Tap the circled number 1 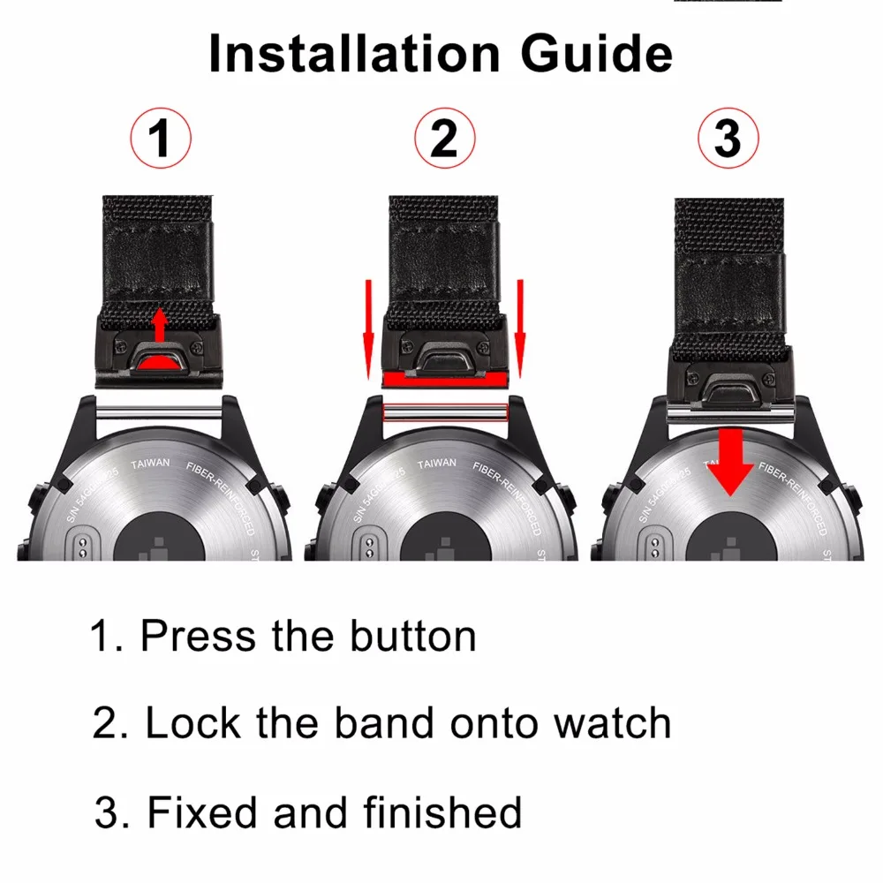[x=160, y=140]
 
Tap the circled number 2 [x=445, y=140]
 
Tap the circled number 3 [x=727, y=140]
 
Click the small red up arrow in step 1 [x=160, y=325]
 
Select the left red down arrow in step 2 [x=369, y=327]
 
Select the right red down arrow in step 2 [x=521, y=327]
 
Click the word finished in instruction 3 [x=441, y=811]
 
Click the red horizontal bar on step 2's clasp [x=445, y=380]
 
